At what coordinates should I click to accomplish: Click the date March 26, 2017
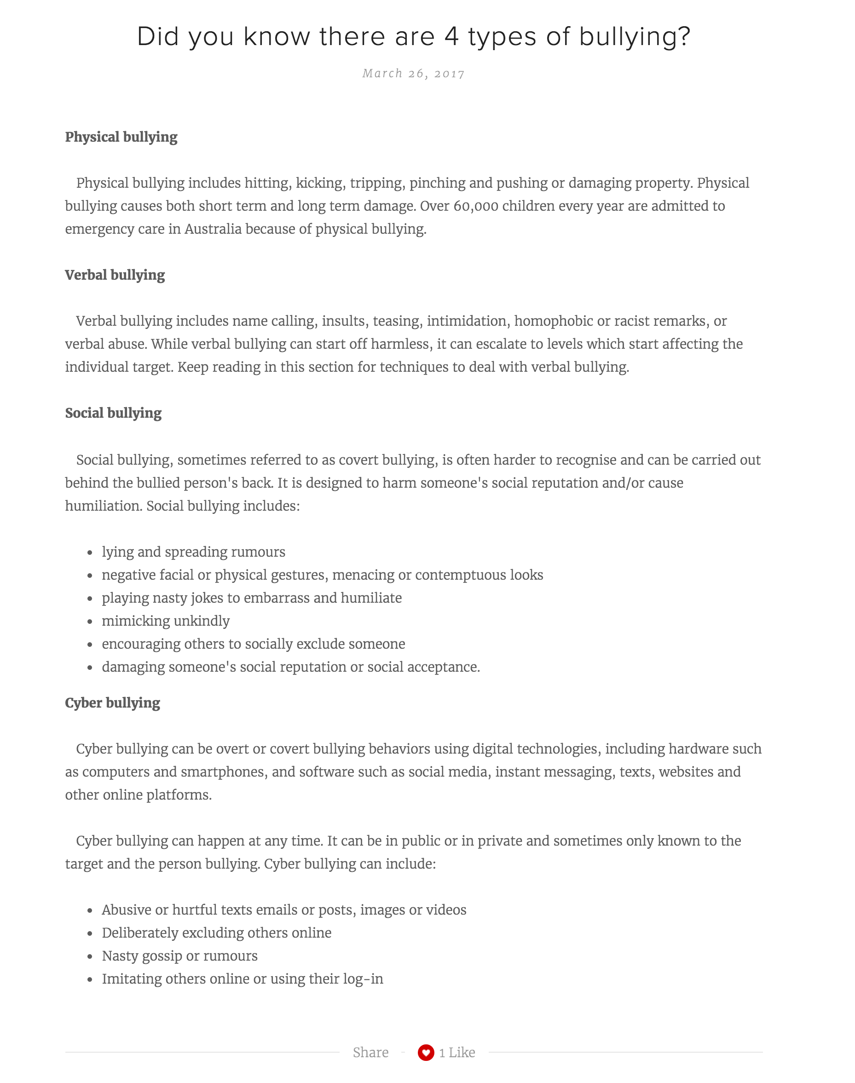414,74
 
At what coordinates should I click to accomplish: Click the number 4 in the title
451,36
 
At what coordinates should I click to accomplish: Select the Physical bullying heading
121,137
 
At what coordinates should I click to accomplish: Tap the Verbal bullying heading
115,275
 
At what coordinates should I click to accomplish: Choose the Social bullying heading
113,414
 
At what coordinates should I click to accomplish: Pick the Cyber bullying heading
113,703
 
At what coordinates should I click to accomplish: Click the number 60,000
475,206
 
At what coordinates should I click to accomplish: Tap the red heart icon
426,1053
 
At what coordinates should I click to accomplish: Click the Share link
370,1053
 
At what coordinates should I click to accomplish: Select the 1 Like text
457,1053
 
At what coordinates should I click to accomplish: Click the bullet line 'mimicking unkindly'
166,621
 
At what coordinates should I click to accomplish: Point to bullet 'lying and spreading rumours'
193,552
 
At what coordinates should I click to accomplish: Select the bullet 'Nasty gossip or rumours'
180,956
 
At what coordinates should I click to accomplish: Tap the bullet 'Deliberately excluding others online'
217,933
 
